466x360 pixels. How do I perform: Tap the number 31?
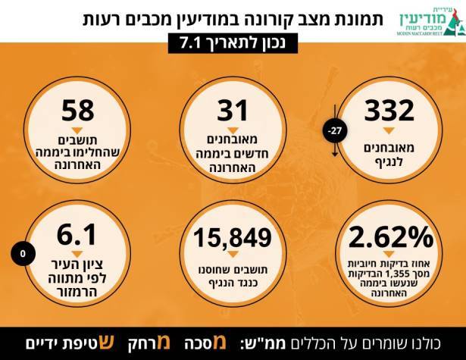pyautogui.click(x=233, y=111)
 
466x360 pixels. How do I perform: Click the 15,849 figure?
pyautogui.click(x=233, y=236)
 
